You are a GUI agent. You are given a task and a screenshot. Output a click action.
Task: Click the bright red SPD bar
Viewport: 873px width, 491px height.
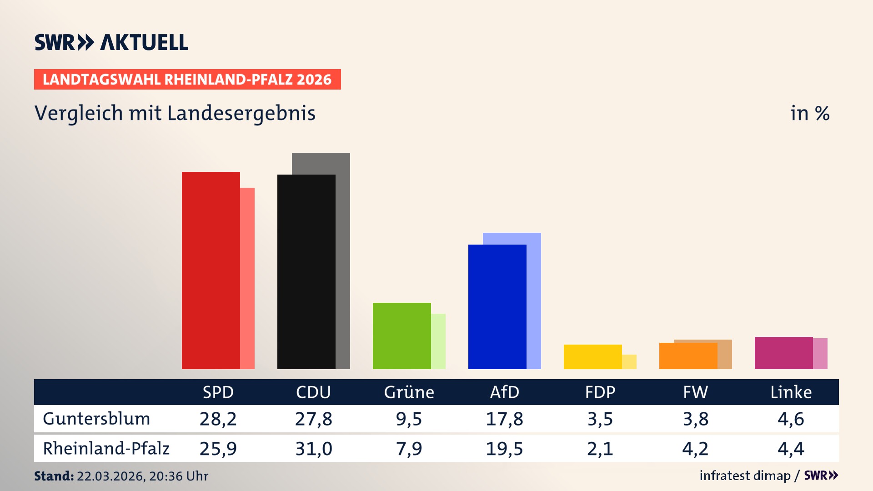[211, 271]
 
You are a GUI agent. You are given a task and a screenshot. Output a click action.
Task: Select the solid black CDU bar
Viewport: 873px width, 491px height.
[306, 272]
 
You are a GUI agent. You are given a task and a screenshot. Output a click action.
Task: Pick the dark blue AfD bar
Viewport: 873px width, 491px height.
[497, 307]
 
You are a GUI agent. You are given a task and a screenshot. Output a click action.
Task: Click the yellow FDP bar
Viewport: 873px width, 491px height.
[592, 357]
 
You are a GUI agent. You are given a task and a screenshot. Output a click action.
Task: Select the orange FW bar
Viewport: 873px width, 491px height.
[688, 356]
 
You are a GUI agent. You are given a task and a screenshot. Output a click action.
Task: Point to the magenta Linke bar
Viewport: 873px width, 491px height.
[783, 353]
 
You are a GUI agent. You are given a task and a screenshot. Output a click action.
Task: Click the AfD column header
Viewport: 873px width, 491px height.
[504, 392]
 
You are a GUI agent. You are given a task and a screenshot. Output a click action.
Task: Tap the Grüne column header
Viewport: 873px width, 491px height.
[409, 392]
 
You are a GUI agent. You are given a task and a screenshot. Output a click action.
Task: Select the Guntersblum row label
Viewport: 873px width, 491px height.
[96, 419]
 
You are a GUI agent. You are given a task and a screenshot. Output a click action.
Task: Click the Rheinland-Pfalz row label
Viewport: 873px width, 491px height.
[106, 449]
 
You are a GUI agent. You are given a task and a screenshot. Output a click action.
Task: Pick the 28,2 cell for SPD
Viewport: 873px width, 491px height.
[218, 419]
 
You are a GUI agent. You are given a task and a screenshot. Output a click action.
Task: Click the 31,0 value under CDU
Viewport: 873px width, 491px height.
[314, 449]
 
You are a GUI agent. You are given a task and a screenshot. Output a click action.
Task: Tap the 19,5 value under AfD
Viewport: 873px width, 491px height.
[504, 449]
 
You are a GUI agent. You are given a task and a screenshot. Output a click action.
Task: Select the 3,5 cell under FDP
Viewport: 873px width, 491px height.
[600, 419]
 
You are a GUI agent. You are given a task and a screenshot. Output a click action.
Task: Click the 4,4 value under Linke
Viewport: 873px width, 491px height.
[791, 449]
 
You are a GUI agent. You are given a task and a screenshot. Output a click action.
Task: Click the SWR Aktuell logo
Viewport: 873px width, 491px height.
[111, 42]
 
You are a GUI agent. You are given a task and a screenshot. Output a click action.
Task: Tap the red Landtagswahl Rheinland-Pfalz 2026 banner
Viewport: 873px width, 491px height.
[187, 80]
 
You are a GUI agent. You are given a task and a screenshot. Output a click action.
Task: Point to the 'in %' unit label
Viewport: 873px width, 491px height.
[810, 113]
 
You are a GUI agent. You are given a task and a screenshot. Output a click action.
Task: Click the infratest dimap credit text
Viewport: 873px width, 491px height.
[745, 476]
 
